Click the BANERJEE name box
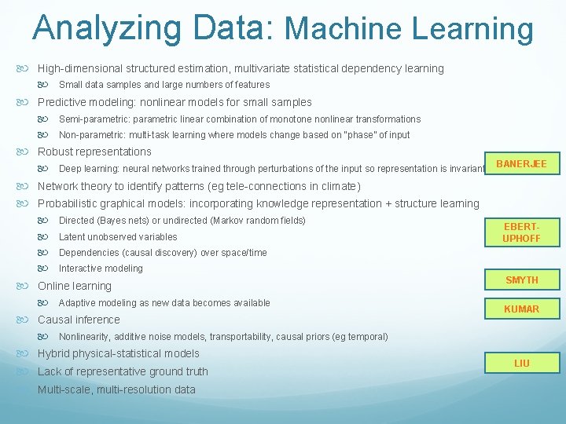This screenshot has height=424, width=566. (521, 164)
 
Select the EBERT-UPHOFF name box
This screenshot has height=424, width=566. (521, 232)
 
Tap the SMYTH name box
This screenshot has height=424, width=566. (521, 280)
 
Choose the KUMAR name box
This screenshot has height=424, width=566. (521, 309)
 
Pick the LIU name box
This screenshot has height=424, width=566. (521, 363)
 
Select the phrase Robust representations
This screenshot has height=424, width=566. (94, 152)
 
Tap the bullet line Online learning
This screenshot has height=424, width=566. (75, 286)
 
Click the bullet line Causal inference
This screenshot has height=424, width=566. (79, 320)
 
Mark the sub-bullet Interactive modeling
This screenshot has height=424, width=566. (101, 269)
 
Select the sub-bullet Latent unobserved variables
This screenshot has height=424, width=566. (118, 236)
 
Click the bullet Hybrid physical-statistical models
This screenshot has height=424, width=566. (119, 353)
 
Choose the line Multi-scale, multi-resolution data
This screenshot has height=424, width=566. (116, 389)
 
